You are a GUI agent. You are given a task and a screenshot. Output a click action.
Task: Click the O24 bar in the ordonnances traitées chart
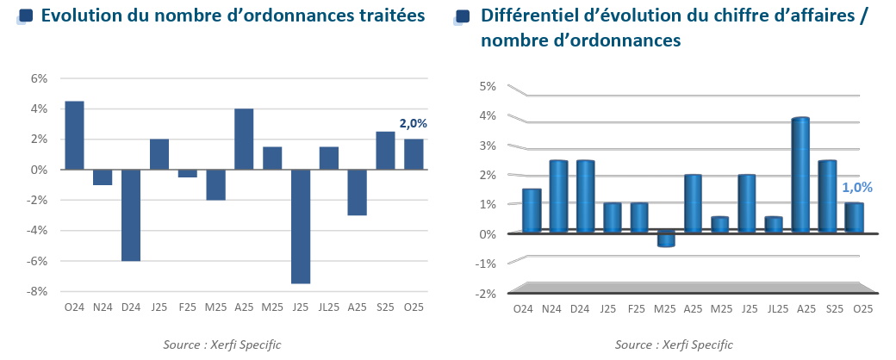click(x=74, y=135)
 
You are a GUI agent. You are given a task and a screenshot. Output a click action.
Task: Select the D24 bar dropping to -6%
click(x=131, y=214)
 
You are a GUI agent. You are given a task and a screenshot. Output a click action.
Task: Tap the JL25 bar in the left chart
click(x=328, y=158)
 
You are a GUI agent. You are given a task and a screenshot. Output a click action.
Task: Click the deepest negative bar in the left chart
click(x=301, y=226)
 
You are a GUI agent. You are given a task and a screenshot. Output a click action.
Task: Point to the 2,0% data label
click(x=413, y=123)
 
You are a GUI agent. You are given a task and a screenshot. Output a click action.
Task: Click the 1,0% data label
click(x=857, y=187)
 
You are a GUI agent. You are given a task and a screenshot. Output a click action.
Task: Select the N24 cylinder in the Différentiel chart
click(x=558, y=196)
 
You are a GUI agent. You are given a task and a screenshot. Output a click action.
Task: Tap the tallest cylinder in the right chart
click(x=800, y=175)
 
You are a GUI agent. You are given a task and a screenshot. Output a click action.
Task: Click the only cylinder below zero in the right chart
click(x=666, y=239)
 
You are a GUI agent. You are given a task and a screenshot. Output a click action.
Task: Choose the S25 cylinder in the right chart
click(x=827, y=196)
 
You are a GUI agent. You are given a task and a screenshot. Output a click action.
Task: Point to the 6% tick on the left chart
click(x=40, y=78)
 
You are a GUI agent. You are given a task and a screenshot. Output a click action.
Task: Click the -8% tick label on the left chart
click(x=38, y=291)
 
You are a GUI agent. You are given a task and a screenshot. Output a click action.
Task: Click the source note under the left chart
click(x=222, y=344)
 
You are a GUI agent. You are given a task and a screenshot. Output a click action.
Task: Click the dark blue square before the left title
click(x=26, y=16)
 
